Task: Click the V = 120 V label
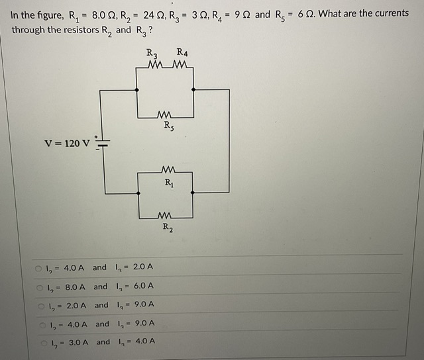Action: point(67,143)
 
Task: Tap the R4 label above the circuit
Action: point(182,53)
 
